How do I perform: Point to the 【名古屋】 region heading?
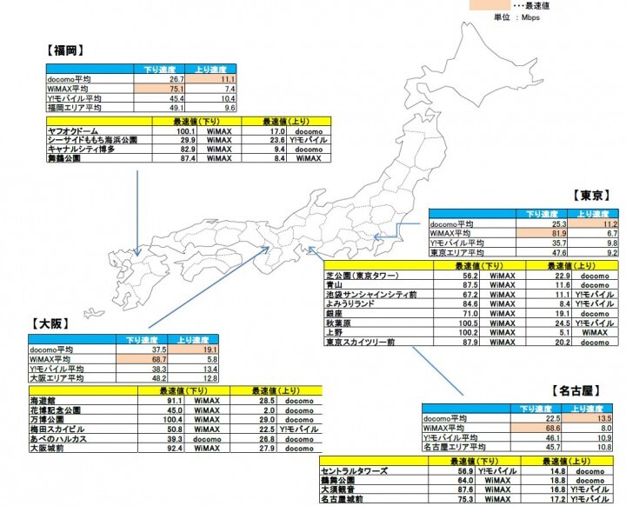coord(576,391)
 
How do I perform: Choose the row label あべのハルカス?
coord(62,439)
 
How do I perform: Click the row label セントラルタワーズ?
coord(357,469)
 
